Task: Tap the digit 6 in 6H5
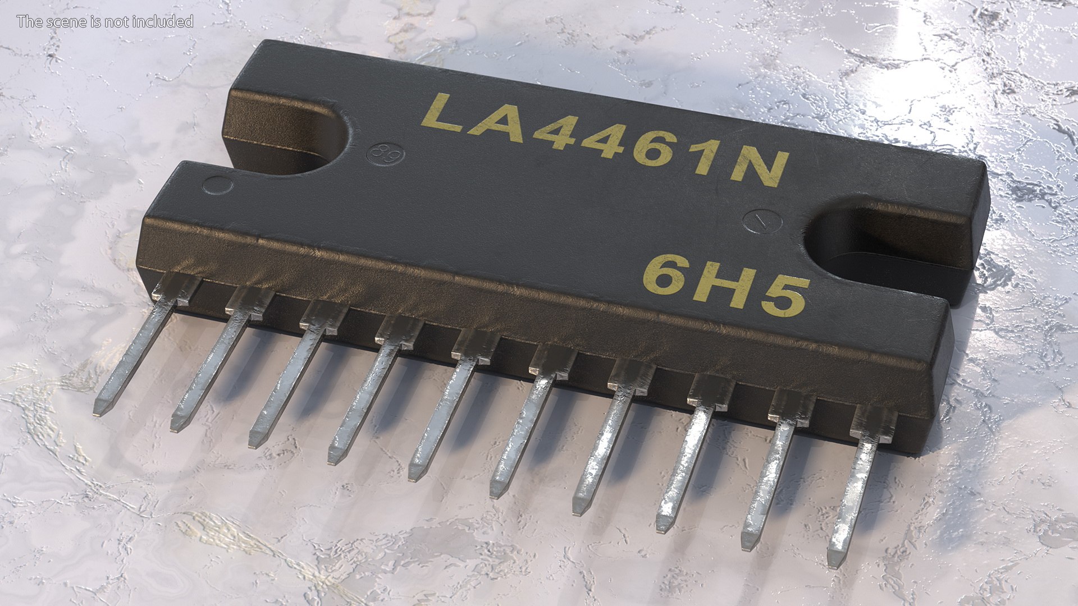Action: pos(667,274)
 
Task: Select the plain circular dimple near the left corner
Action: pos(217,185)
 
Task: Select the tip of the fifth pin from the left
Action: pos(414,475)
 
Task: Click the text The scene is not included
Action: pos(105,22)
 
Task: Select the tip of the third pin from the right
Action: pos(663,526)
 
